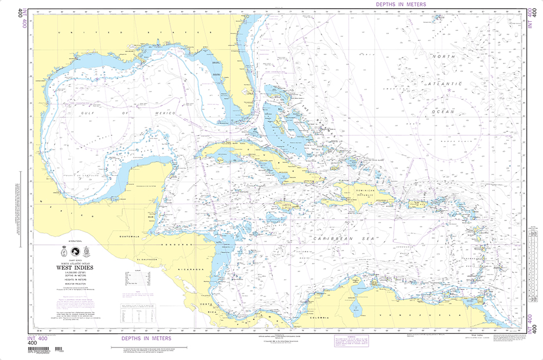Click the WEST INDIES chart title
click(74, 267)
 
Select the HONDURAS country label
click(174, 245)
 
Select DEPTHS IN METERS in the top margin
click(401, 4)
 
